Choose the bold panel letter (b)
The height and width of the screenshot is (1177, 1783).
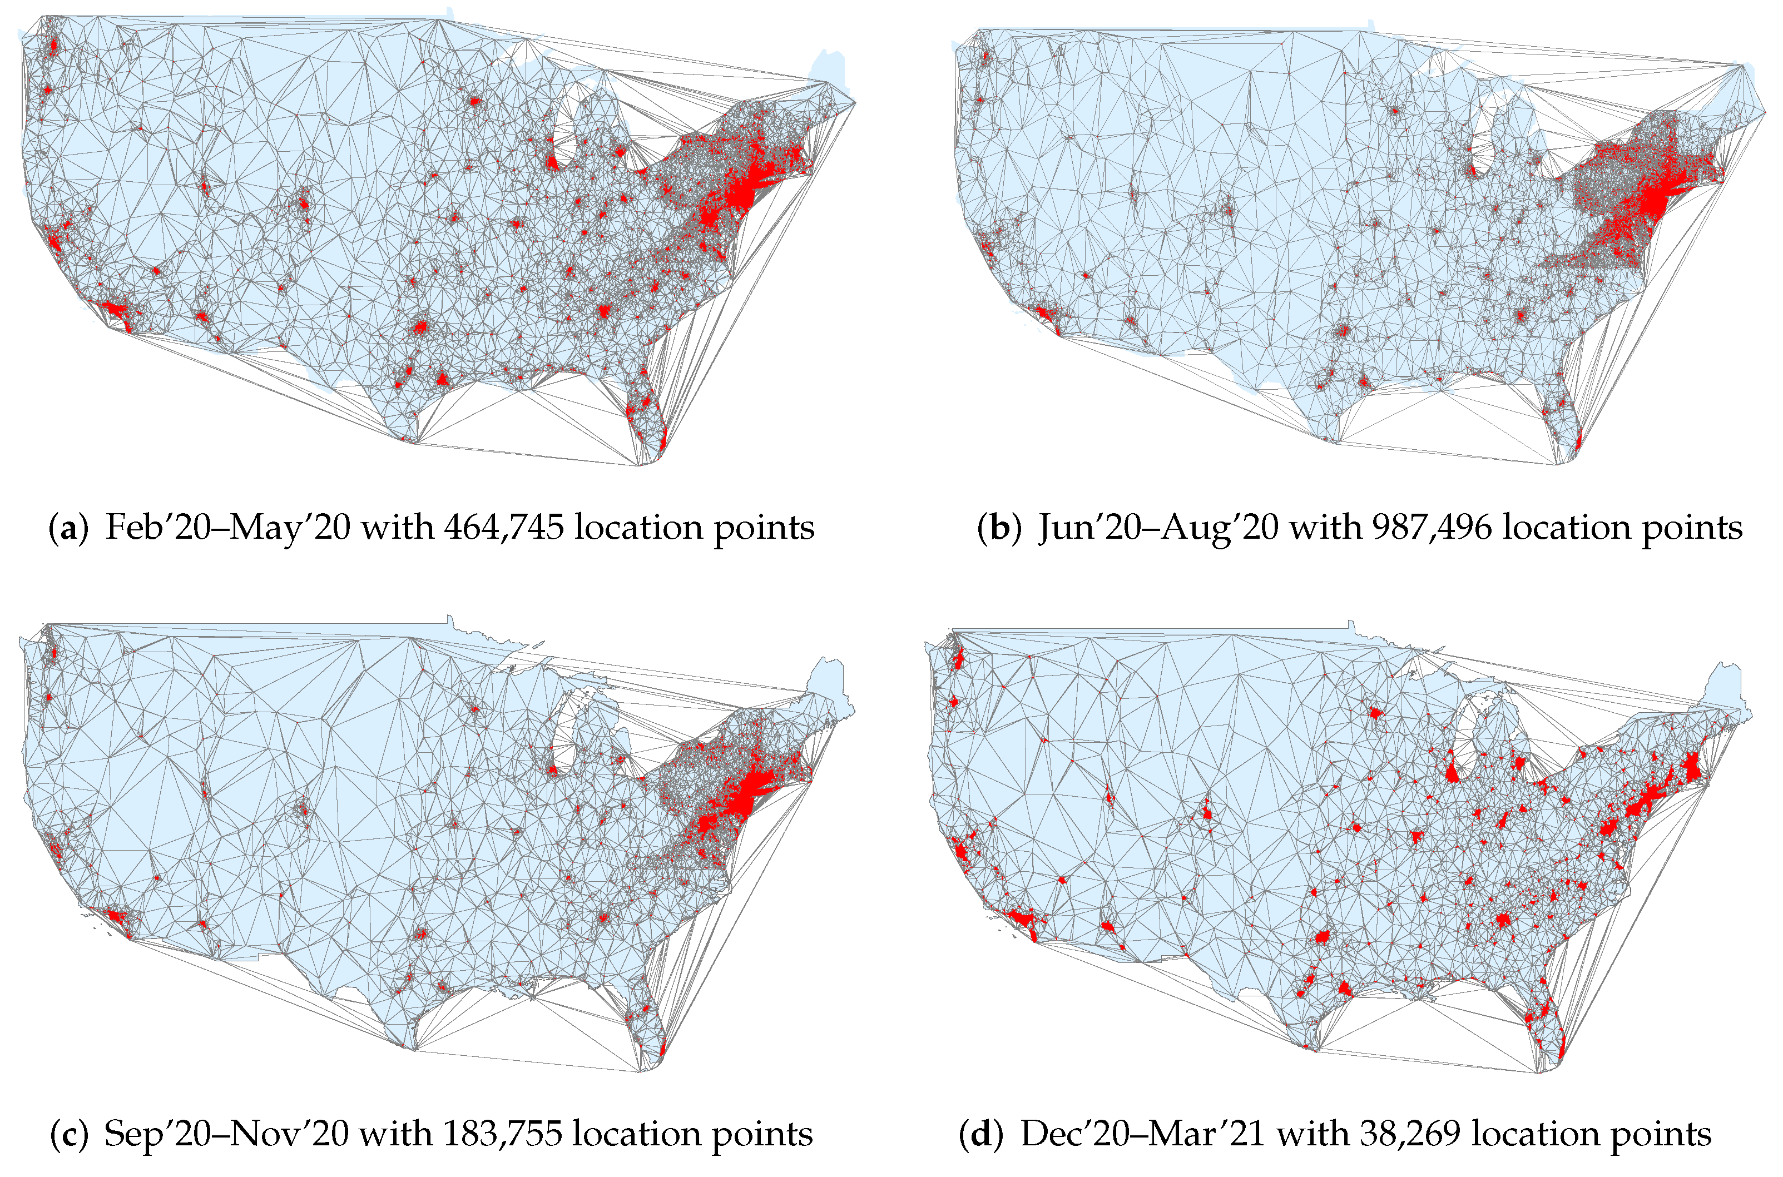[998, 528]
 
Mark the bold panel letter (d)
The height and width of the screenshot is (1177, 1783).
[980, 1134]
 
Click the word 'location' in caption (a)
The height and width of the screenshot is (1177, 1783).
[637, 528]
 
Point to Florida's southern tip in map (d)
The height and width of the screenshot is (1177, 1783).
[1561, 1057]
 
